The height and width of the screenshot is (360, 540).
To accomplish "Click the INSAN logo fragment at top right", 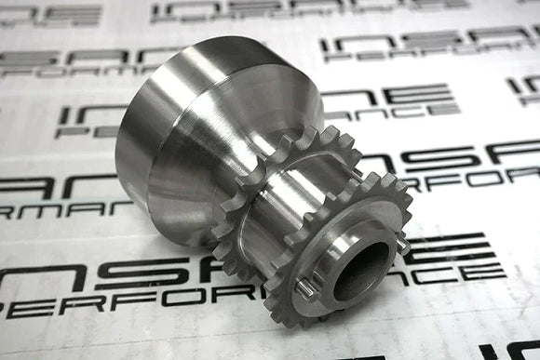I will pos(428,41).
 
